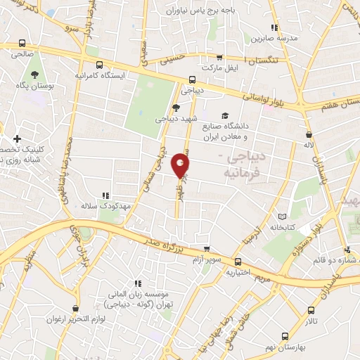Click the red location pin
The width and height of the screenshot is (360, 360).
coord(181,166)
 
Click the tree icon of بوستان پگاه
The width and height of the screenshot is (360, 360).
coord(33,75)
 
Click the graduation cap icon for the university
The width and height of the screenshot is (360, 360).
coord(224,116)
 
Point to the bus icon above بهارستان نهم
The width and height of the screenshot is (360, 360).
coord(284,337)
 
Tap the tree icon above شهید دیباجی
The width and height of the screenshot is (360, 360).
coord(175,108)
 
